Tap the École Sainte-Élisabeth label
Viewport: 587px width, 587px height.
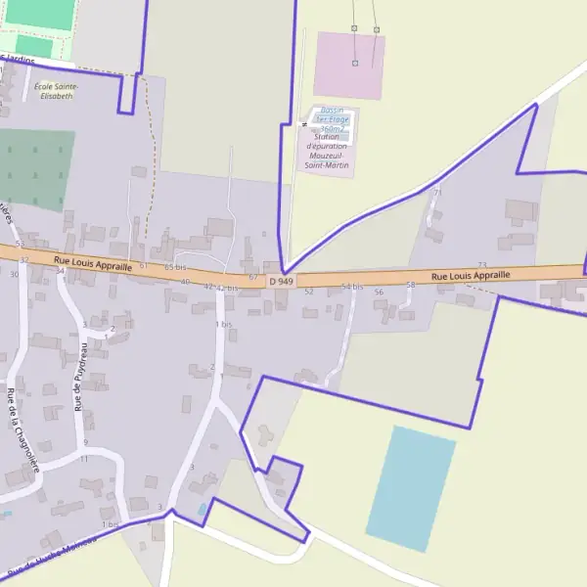[55, 91]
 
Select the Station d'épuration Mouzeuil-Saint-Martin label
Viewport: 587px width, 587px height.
[327, 152]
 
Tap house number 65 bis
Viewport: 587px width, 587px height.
[175, 267]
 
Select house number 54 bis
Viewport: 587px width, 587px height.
[352, 287]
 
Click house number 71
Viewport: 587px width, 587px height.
[437, 193]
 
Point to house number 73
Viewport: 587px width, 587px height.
[481, 265]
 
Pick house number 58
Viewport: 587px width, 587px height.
[411, 285]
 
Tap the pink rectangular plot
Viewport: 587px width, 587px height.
[349, 66]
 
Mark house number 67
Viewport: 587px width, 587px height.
[253, 278]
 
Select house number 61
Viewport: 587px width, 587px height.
[143, 266]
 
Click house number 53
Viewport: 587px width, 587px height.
[19, 243]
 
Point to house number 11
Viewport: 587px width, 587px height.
[84, 458]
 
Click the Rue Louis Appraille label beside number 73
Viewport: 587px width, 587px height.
[471, 276]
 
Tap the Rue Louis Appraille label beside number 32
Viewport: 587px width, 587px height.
[93, 262]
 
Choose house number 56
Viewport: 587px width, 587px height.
[379, 292]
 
